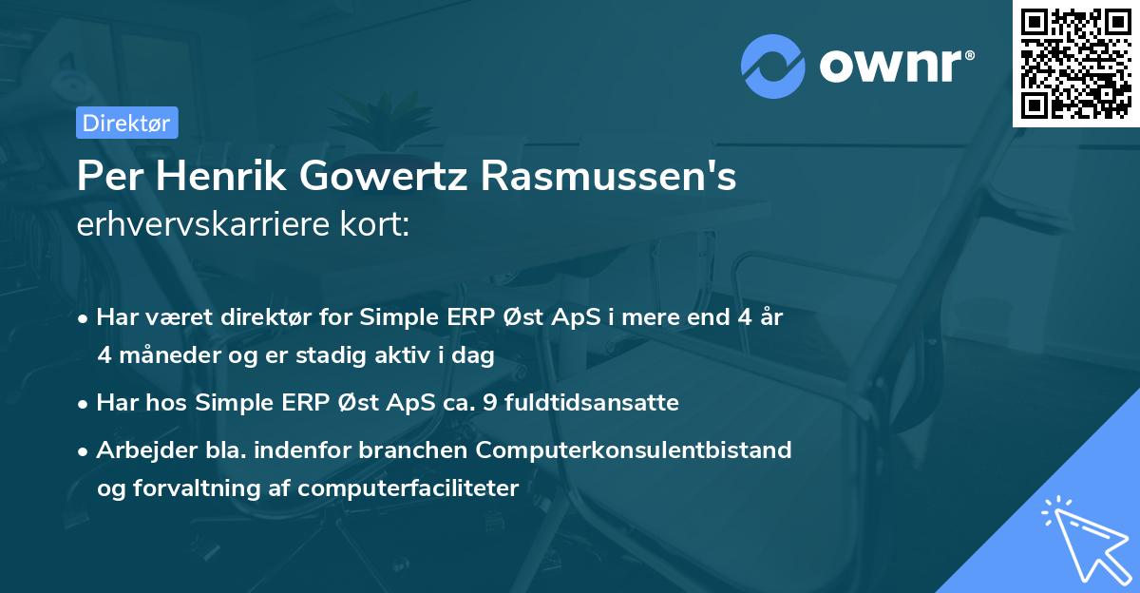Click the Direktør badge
click(x=126, y=123)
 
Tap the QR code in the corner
click(x=1075, y=64)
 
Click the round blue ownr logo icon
click(x=773, y=66)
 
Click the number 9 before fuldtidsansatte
click(x=489, y=403)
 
